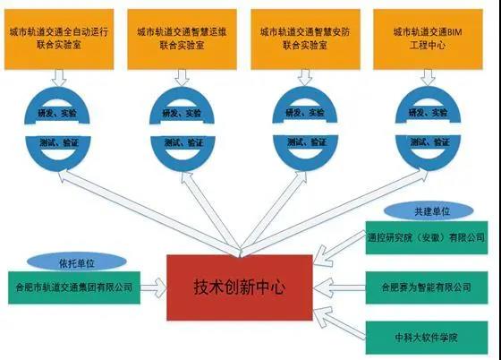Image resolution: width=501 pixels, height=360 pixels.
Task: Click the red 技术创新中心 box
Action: pyautogui.click(x=240, y=287)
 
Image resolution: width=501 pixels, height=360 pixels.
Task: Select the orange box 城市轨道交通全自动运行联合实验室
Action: pyautogui.click(x=59, y=39)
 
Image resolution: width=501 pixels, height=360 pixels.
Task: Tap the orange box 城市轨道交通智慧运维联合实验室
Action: pyautogui.click(x=183, y=39)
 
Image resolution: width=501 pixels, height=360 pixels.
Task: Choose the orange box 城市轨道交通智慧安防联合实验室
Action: pyautogui.click(x=305, y=39)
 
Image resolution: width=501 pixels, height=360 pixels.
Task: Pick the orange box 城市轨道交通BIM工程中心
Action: pyautogui.click(x=429, y=39)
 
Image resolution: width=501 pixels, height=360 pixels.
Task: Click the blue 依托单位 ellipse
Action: pyautogui.click(x=77, y=262)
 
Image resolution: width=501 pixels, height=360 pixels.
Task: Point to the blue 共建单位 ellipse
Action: pyautogui.click(x=429, y=211)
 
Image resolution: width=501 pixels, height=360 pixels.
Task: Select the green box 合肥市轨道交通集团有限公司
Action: pyautogui.click(x=74, y=287)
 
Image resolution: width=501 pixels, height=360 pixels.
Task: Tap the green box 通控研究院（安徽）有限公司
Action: pyautogui.click(x=427, y=237)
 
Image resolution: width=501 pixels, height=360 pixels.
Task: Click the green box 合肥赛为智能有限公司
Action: pyautogui.click(x=427, y=287)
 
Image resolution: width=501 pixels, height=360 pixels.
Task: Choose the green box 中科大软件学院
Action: pyautogui.click(x=427, y=338)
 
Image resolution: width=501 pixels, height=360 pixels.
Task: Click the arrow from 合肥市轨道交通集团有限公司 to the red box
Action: pyautogui.click(x=154, y=287)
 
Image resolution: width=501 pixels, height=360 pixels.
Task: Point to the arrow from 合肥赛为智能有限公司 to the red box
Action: pyautogui.click(x=339, y=287)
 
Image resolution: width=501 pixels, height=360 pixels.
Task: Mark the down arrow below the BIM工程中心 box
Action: pyautogui.click(x=429, y=78)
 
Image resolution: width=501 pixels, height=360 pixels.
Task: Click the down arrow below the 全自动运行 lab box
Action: pyautogui.click(x=59, y=78)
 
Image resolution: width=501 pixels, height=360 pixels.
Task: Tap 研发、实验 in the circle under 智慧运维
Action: pyautogui.click(x=182, y=113)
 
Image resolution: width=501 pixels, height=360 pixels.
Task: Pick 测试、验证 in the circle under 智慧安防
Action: pyautogui.click(x=306, y=142)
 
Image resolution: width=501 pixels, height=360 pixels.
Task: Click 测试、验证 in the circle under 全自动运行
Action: pyautogui.click(x=59, y=142)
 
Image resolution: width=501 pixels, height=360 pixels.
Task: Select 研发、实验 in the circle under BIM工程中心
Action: pyautogui.click(x=429, y=113)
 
